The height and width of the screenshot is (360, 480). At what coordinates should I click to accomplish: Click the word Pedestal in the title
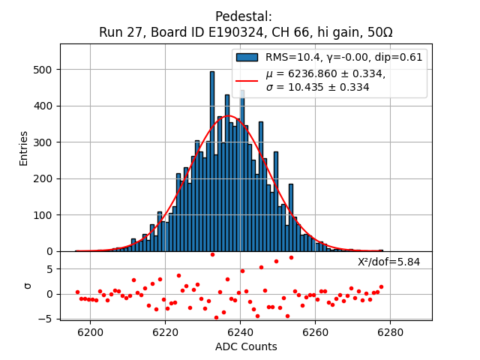click(x=244, y=16)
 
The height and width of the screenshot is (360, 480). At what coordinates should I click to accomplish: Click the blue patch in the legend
click(x=247, y=58)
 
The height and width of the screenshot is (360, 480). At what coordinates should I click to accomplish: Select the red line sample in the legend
click(x=247, y=80)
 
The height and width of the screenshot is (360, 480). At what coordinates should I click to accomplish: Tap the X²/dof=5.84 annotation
click(x=388, y=262)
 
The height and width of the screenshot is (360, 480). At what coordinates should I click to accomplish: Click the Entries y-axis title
click(x=24, y=148)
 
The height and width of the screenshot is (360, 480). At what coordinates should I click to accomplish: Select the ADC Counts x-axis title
click(x=246, y=346)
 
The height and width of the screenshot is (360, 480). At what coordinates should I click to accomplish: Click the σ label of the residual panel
click(x=28, y=286)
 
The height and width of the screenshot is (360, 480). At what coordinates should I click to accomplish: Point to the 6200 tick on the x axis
click(x=90, y=331)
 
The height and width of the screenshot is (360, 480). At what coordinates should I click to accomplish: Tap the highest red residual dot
click(x=212, y=254)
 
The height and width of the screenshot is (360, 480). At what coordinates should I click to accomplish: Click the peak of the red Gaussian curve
click(x=229, y=116)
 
